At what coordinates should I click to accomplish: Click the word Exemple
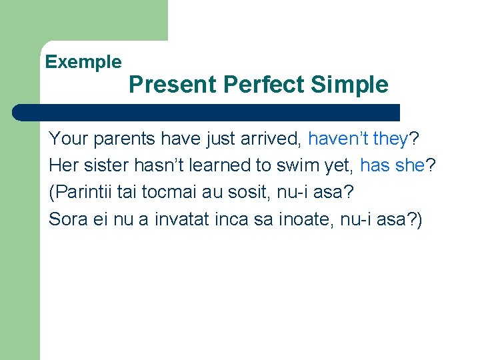[x=83, y=63]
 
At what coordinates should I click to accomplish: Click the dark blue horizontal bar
[x=207, y=112]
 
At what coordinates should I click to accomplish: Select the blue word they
[x=391, y=139]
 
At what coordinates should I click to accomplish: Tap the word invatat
[x=175, y=219]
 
